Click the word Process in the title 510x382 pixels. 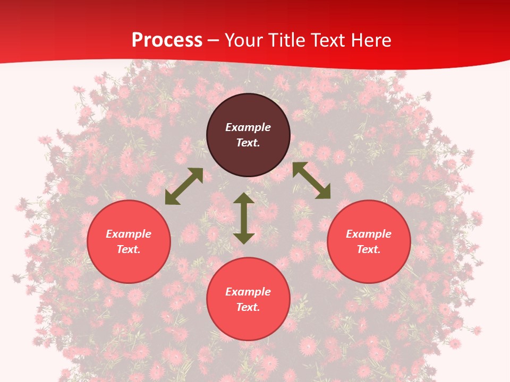pyautogui.click(x=167, y=40)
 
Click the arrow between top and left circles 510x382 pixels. pyautogui.click(x=184, y=186)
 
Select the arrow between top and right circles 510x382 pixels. pyautogui.click(x=311, y=180)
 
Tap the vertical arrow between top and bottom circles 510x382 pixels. pyautogui.click(x=244, y=218)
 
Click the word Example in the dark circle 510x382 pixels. pyautogui.click(x=248, y=127)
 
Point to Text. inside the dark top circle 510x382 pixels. pyautogui.click(x=248, y=143)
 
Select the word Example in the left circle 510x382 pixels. pyautogui.click(x=129, y=234)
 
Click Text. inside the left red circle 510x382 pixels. pyautogui.click(x=129, y=249)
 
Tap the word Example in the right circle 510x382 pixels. pyautogui.click(x=369, y=234)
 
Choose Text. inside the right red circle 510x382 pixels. pyautogui.click(x=369, y=249)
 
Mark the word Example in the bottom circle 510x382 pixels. pyautogui.click(x=248, y=292)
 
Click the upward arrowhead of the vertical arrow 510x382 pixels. pyautogui.click(x=244, y=198)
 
